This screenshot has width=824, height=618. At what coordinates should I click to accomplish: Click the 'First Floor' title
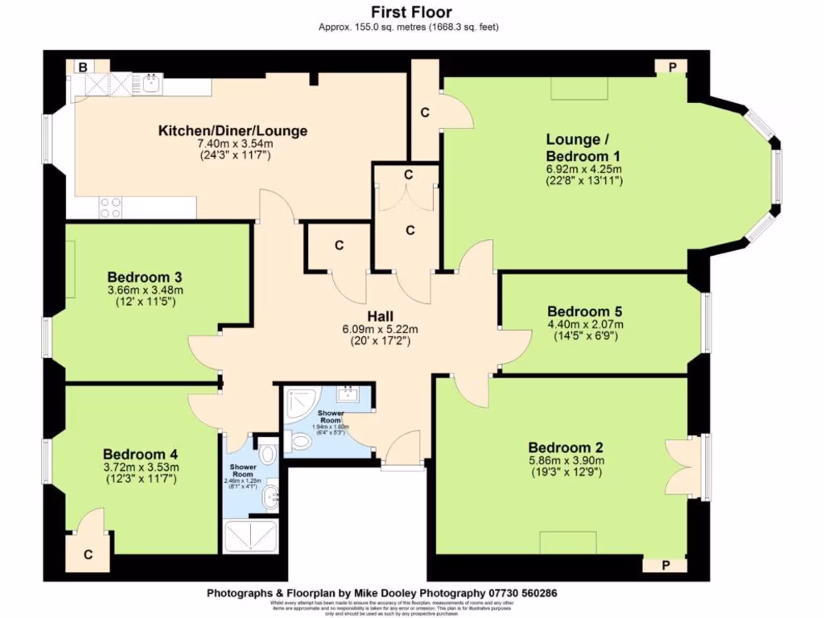411,12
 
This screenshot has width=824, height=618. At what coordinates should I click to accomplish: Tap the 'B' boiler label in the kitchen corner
81,68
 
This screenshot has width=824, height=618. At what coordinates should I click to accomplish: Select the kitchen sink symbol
150,82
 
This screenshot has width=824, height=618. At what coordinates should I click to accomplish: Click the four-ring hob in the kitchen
110,208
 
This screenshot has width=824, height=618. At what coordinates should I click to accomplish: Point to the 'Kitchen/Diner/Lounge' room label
233,131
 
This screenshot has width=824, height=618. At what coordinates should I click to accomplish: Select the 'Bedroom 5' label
584,311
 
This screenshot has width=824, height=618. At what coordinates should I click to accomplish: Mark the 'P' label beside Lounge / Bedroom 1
671,68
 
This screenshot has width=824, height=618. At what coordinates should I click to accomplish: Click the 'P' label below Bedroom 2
665,566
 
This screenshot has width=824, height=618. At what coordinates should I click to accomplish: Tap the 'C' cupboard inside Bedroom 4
87,554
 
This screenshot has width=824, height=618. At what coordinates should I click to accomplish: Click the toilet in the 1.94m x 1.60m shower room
300,441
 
